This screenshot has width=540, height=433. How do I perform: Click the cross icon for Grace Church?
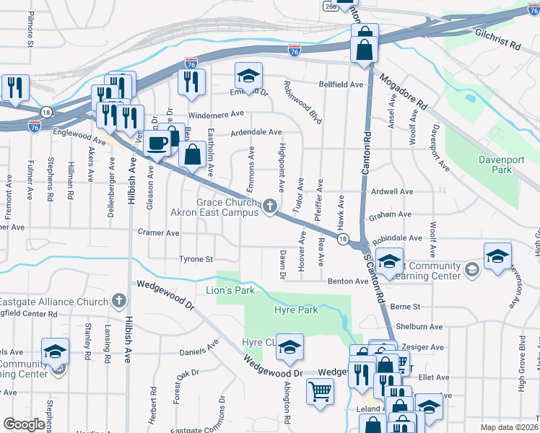pos(269,207)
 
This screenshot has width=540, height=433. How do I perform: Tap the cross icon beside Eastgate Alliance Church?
pos(119,301)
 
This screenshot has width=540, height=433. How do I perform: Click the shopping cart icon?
pos(320,392)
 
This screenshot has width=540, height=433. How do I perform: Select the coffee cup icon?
pos(157,142)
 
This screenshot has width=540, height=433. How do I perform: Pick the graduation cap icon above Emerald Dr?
pos(248,76)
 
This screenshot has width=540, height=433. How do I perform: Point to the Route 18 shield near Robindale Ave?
pos(342,239)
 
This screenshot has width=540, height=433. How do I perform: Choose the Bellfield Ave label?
pos(347,84)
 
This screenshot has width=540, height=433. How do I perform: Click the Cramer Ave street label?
pos(158,233)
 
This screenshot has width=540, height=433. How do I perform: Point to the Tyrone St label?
pos(197,259)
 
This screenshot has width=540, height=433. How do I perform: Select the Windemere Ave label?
pos(216,115)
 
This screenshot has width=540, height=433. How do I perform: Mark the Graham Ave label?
pos(390,214)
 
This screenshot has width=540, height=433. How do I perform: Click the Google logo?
pos(25,425)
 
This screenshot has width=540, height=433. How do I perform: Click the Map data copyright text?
pos(509,427)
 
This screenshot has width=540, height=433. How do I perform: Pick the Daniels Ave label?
pos(199,349)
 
